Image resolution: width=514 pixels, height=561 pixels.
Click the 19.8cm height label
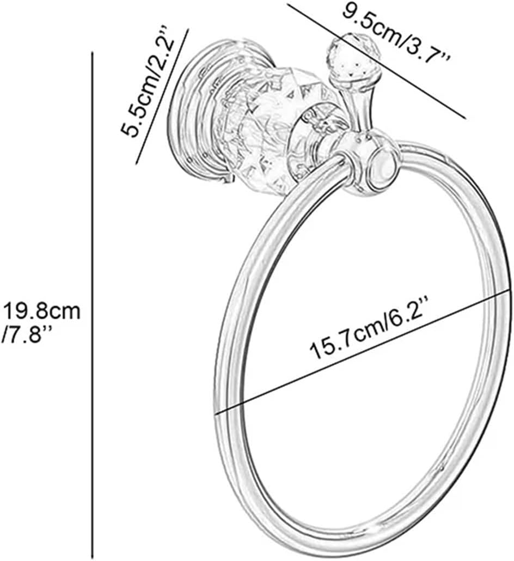tap(42, 312)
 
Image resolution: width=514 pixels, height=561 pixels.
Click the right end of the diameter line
tap(510, 292)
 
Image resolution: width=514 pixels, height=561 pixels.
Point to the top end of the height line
tap(92, 52)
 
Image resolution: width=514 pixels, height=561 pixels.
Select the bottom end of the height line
tap(92, 559)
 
